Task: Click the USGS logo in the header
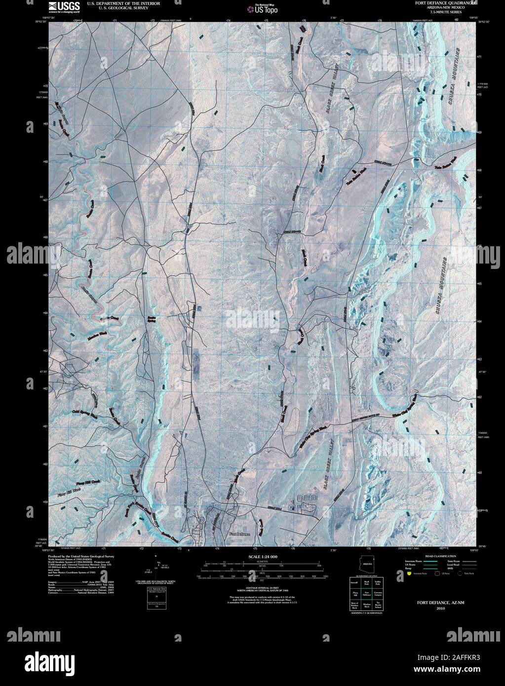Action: [x=61, y=6]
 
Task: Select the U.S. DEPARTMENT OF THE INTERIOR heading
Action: [x=116, y=3]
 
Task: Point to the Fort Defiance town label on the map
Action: [x=240, y=534]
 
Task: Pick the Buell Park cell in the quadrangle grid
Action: [x=366, y=583]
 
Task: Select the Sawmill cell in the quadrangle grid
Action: [x=354, y=583]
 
